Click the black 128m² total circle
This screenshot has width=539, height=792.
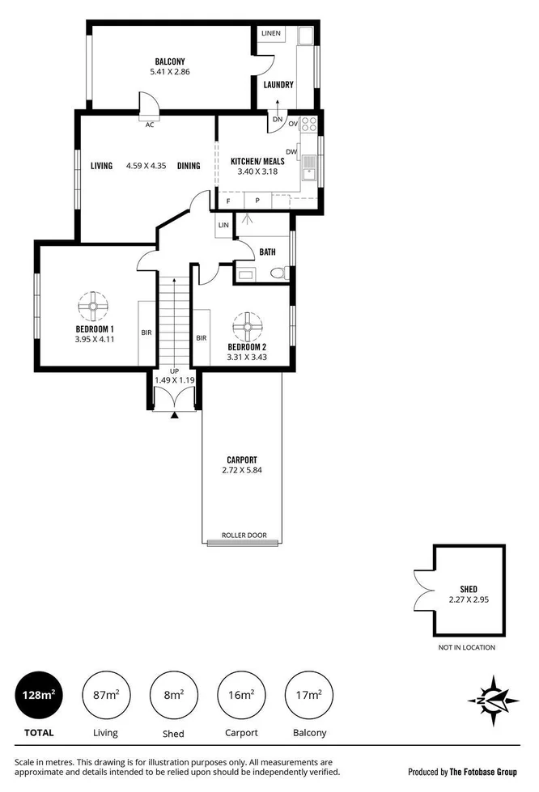point(38,695)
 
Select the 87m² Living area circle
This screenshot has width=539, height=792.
point(105,695)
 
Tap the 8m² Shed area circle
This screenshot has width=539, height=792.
point(173,695)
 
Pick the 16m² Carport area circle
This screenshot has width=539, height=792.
point(241,695)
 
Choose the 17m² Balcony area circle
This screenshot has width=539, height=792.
point(308,695)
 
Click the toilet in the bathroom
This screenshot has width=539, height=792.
point(278,273)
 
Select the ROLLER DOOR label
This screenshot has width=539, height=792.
point(243,536)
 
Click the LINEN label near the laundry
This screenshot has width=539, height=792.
point(270,33)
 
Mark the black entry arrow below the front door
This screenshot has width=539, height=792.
point(175,416)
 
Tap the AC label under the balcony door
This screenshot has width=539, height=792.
point(149,125)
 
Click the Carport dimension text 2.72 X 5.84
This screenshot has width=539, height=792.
point(243,470)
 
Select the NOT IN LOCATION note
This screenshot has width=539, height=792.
point(466,647)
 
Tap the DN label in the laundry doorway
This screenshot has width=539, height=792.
point(277,120)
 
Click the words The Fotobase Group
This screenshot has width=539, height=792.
point(473,771)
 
